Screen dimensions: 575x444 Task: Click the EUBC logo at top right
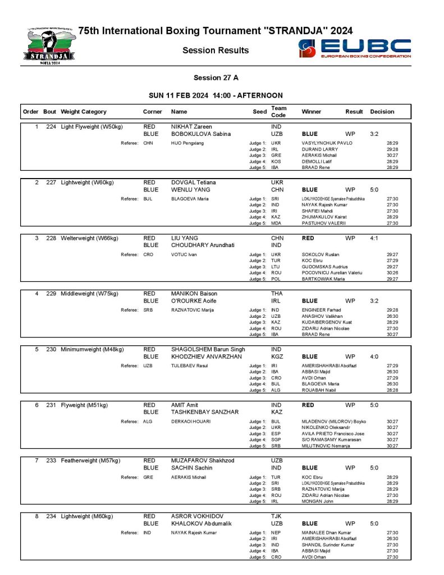tap(355, 49)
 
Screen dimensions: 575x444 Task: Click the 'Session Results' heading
tap(216, 51)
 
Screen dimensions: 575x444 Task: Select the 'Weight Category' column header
tap(84, 112)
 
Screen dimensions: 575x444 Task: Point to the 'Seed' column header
tap(259, 112)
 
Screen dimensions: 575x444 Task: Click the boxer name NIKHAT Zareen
tap(191, 127)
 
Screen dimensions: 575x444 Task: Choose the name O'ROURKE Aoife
tap(194, 301)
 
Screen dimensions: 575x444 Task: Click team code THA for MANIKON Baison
tap(277, 294)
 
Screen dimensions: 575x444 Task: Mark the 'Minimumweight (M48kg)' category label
tap(92, 349)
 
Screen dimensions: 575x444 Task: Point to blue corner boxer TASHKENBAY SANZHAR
tap(205, 412)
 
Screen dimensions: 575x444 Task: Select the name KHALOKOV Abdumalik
tap(200, 523)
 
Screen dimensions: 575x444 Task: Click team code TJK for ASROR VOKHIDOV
tap(276, 516)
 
